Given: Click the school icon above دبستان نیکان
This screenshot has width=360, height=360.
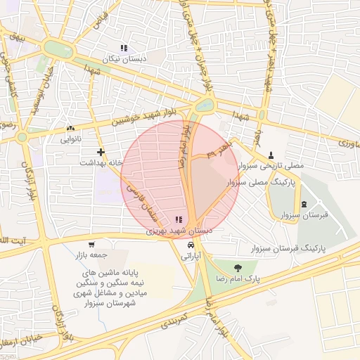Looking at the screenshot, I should point(124,49).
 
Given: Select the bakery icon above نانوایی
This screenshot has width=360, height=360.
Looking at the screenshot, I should point(70,129).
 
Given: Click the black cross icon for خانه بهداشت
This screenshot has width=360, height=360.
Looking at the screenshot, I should point(101,151).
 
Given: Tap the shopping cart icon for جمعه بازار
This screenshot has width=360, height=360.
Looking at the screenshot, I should point(91,244).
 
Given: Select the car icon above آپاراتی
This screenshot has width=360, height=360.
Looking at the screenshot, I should point(191,245).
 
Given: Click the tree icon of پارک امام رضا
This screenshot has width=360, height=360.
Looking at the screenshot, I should point(237,266).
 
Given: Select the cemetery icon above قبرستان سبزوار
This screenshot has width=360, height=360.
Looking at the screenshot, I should point(304,205).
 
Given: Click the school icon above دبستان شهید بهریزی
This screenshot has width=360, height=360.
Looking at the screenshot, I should point(177,220).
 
